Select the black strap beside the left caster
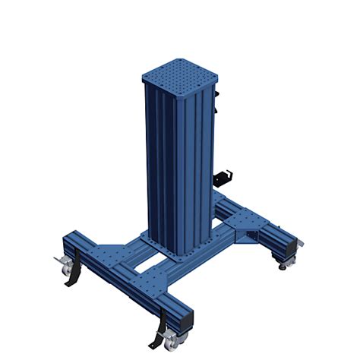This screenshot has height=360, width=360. [73, 279]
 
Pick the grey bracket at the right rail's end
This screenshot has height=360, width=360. [299, 242]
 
